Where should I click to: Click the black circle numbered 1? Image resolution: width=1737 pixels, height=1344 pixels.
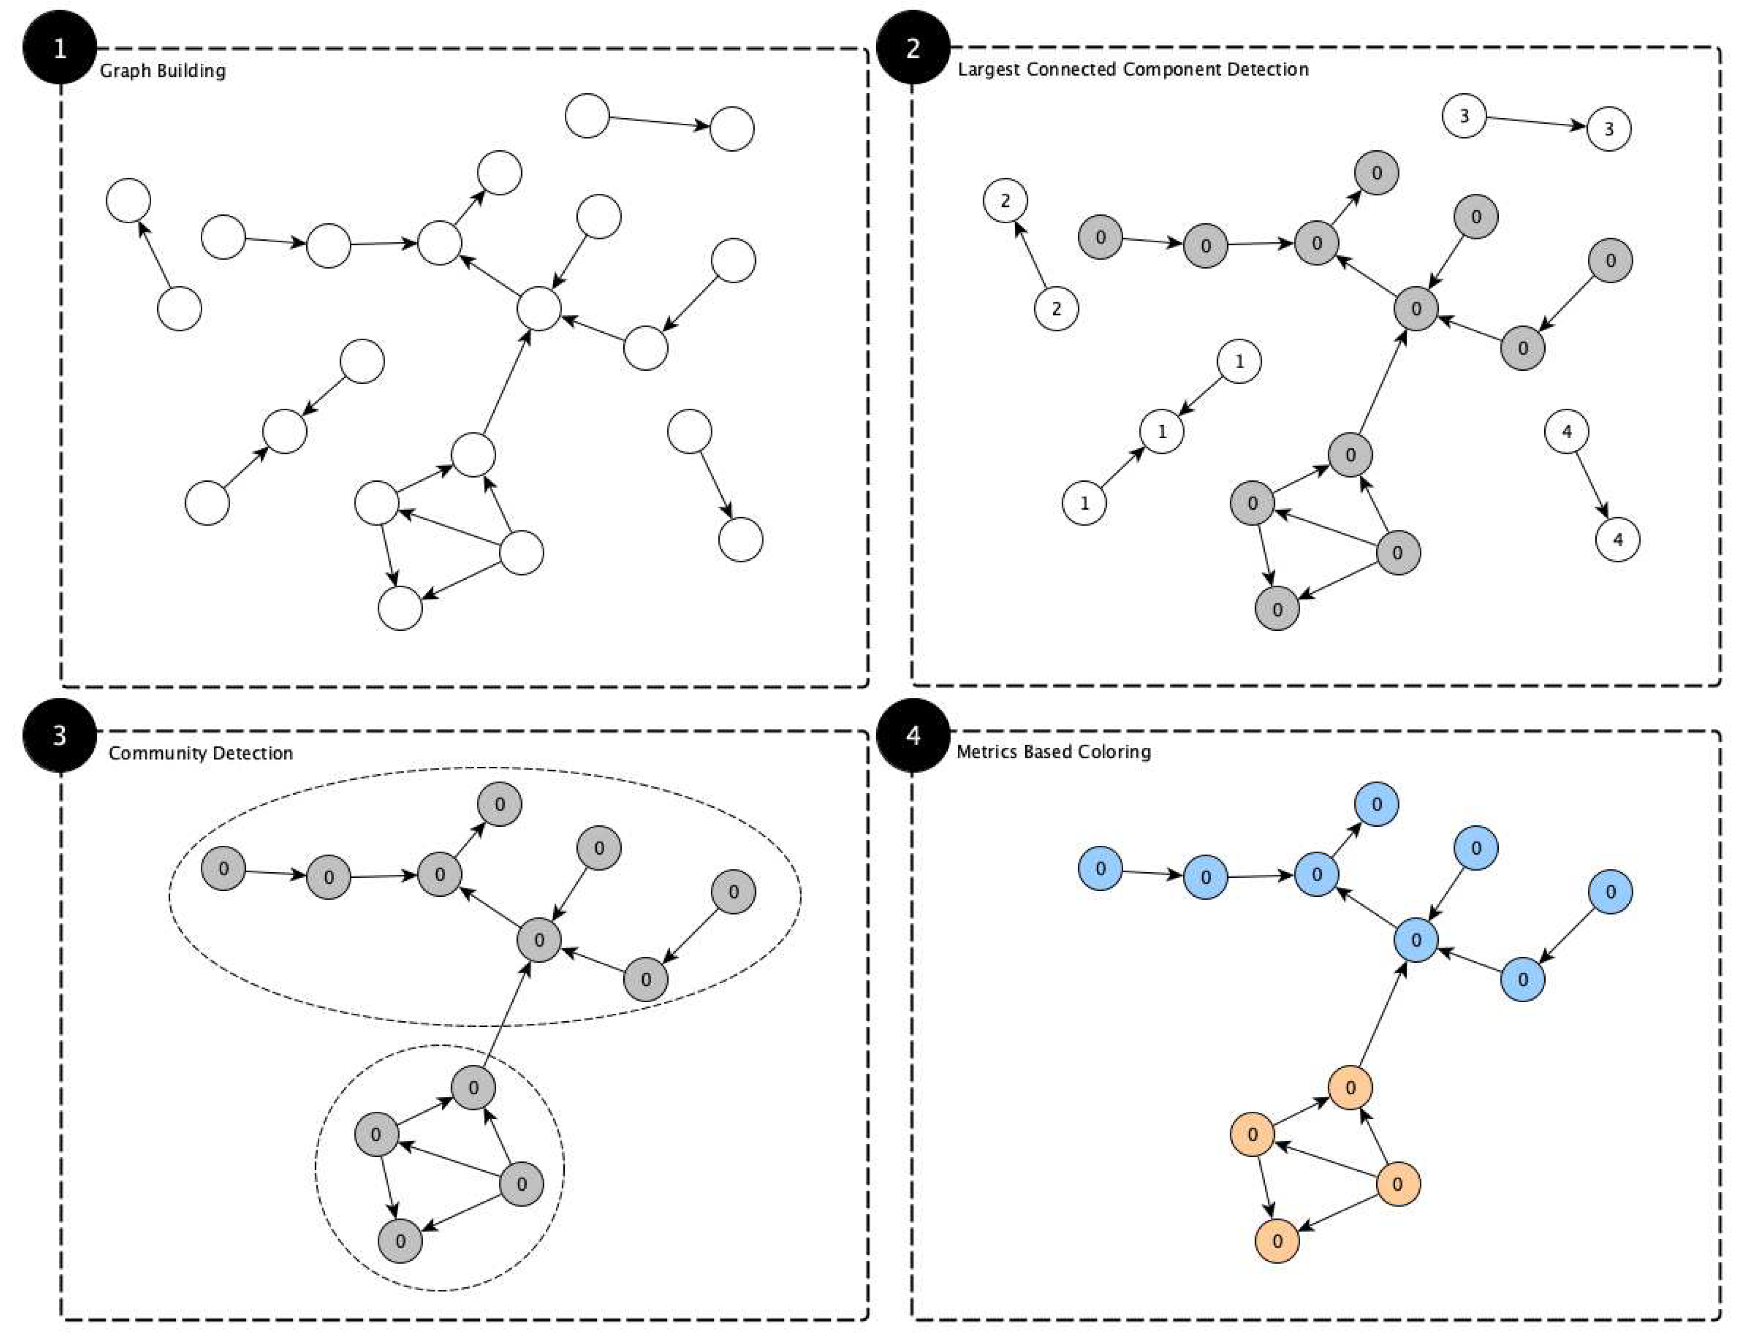tap(60, 48)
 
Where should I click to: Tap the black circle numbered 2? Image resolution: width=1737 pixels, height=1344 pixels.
tap(912, 48)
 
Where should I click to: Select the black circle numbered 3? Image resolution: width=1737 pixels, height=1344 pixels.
tap(60, 736)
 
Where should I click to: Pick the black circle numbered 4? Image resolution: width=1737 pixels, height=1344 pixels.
tap(912, 736)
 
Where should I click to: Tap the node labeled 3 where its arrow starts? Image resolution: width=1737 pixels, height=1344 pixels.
tap(1464, 116)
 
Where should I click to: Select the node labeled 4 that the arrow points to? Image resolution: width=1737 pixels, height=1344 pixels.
tap(1618, 539)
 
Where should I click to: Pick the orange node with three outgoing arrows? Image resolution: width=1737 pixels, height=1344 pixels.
tap(1397, 1184)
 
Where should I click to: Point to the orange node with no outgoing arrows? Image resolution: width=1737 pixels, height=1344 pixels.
tap(1277, 1241)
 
